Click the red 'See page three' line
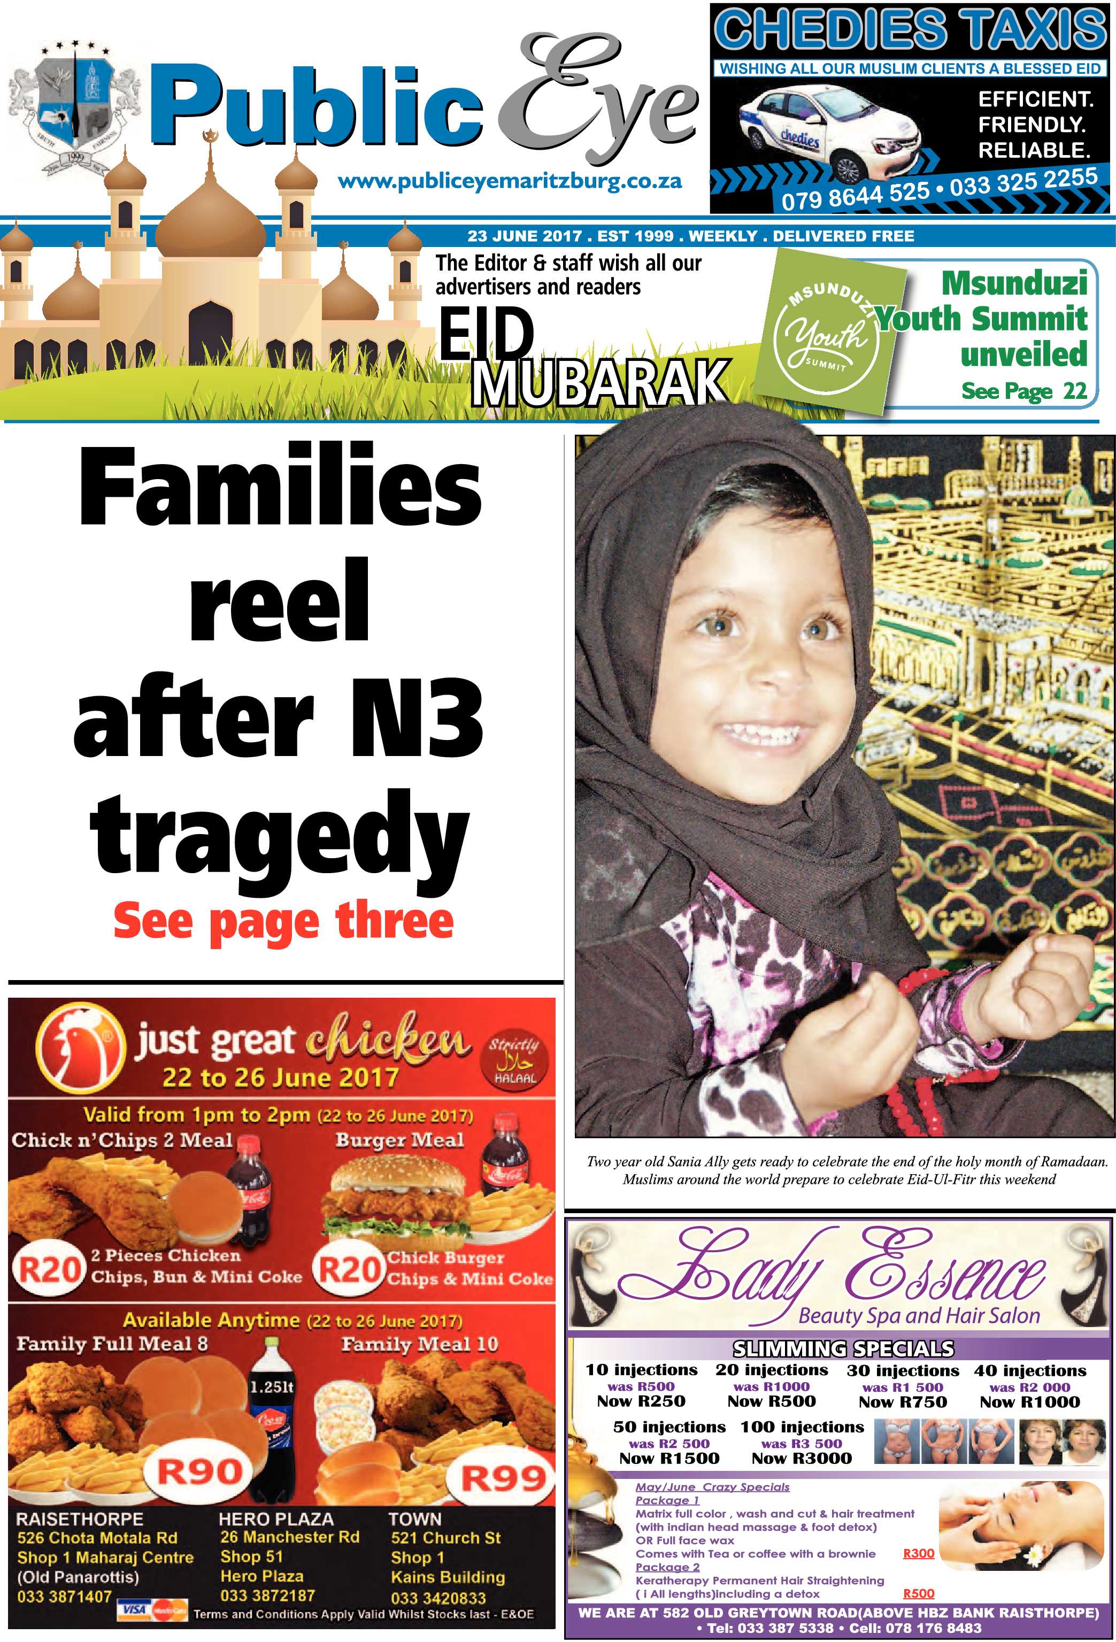coord(283,921)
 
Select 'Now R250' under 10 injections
coord(640,1401)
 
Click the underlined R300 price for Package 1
coord(918,1553)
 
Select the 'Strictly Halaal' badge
coord(514,1060)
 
